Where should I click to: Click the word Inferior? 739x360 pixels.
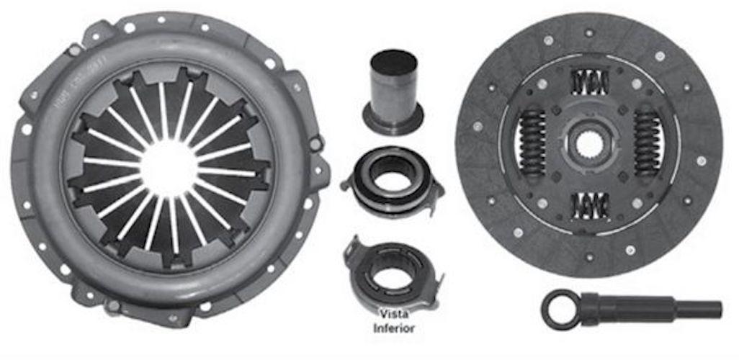[x=393, y=328]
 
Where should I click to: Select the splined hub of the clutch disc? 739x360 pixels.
[x=588, y=145]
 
